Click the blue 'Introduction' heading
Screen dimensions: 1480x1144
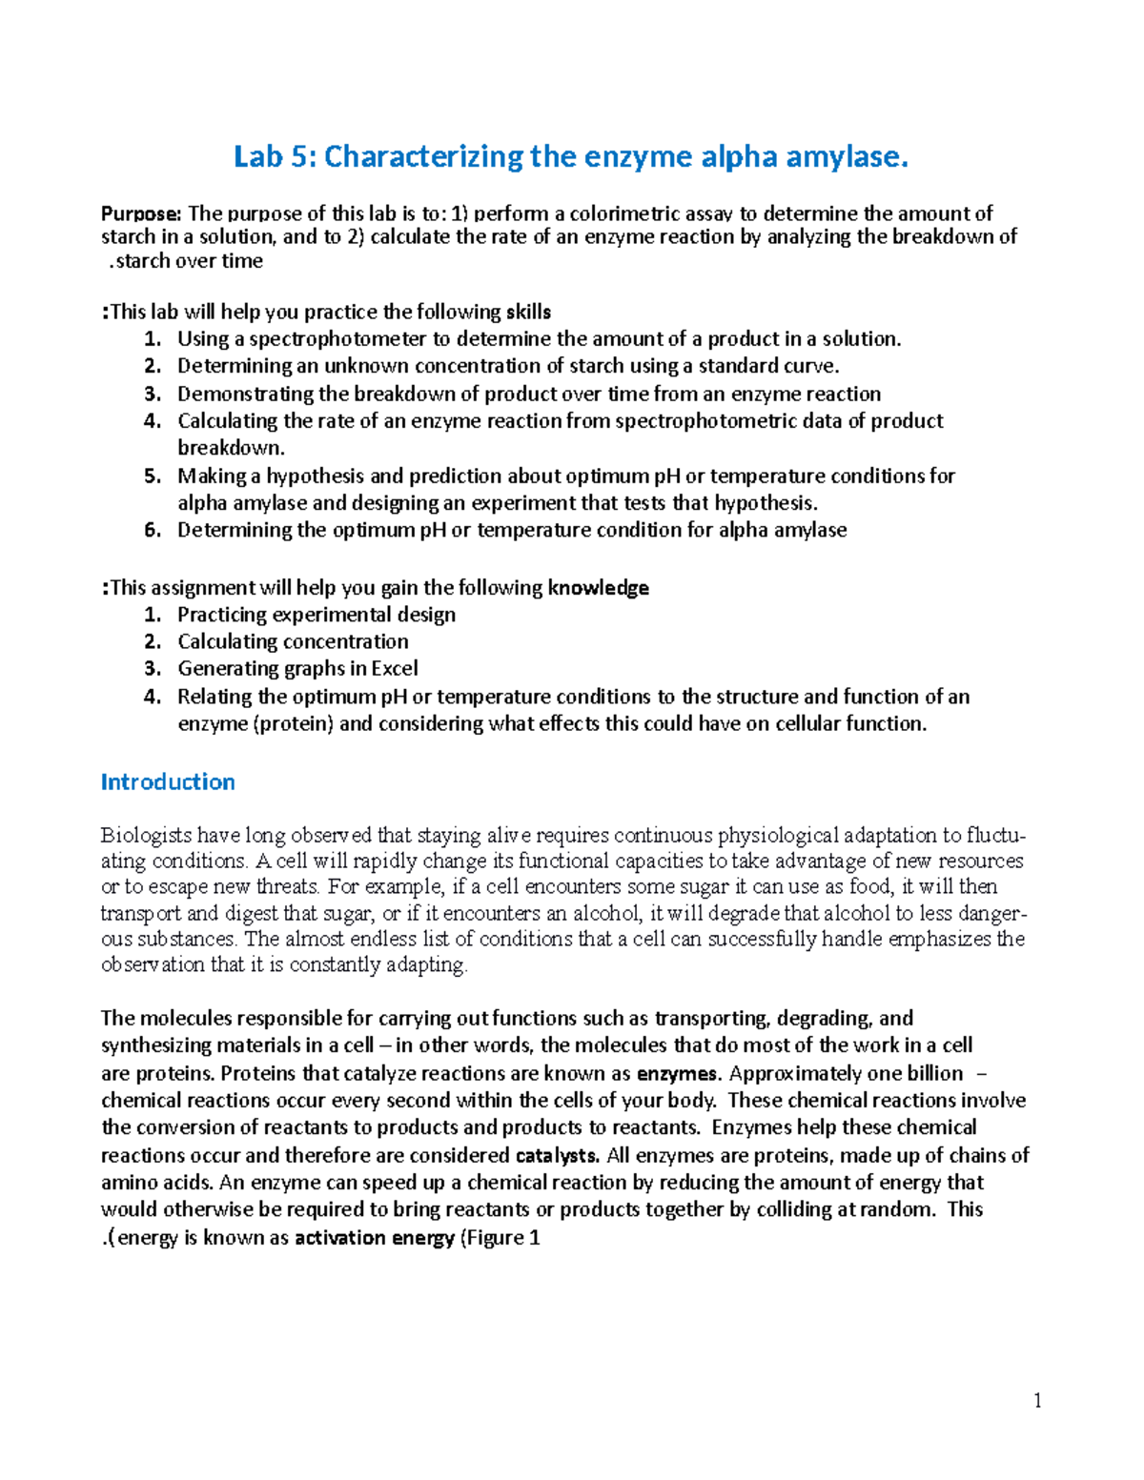tap(168, 782)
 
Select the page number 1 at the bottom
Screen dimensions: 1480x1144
tap(1037, 1400)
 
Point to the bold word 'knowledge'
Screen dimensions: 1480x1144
tap(598, 588)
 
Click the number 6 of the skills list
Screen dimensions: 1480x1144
tap(152, 530)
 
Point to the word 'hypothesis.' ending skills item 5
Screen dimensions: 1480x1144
tap(766, 503)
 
